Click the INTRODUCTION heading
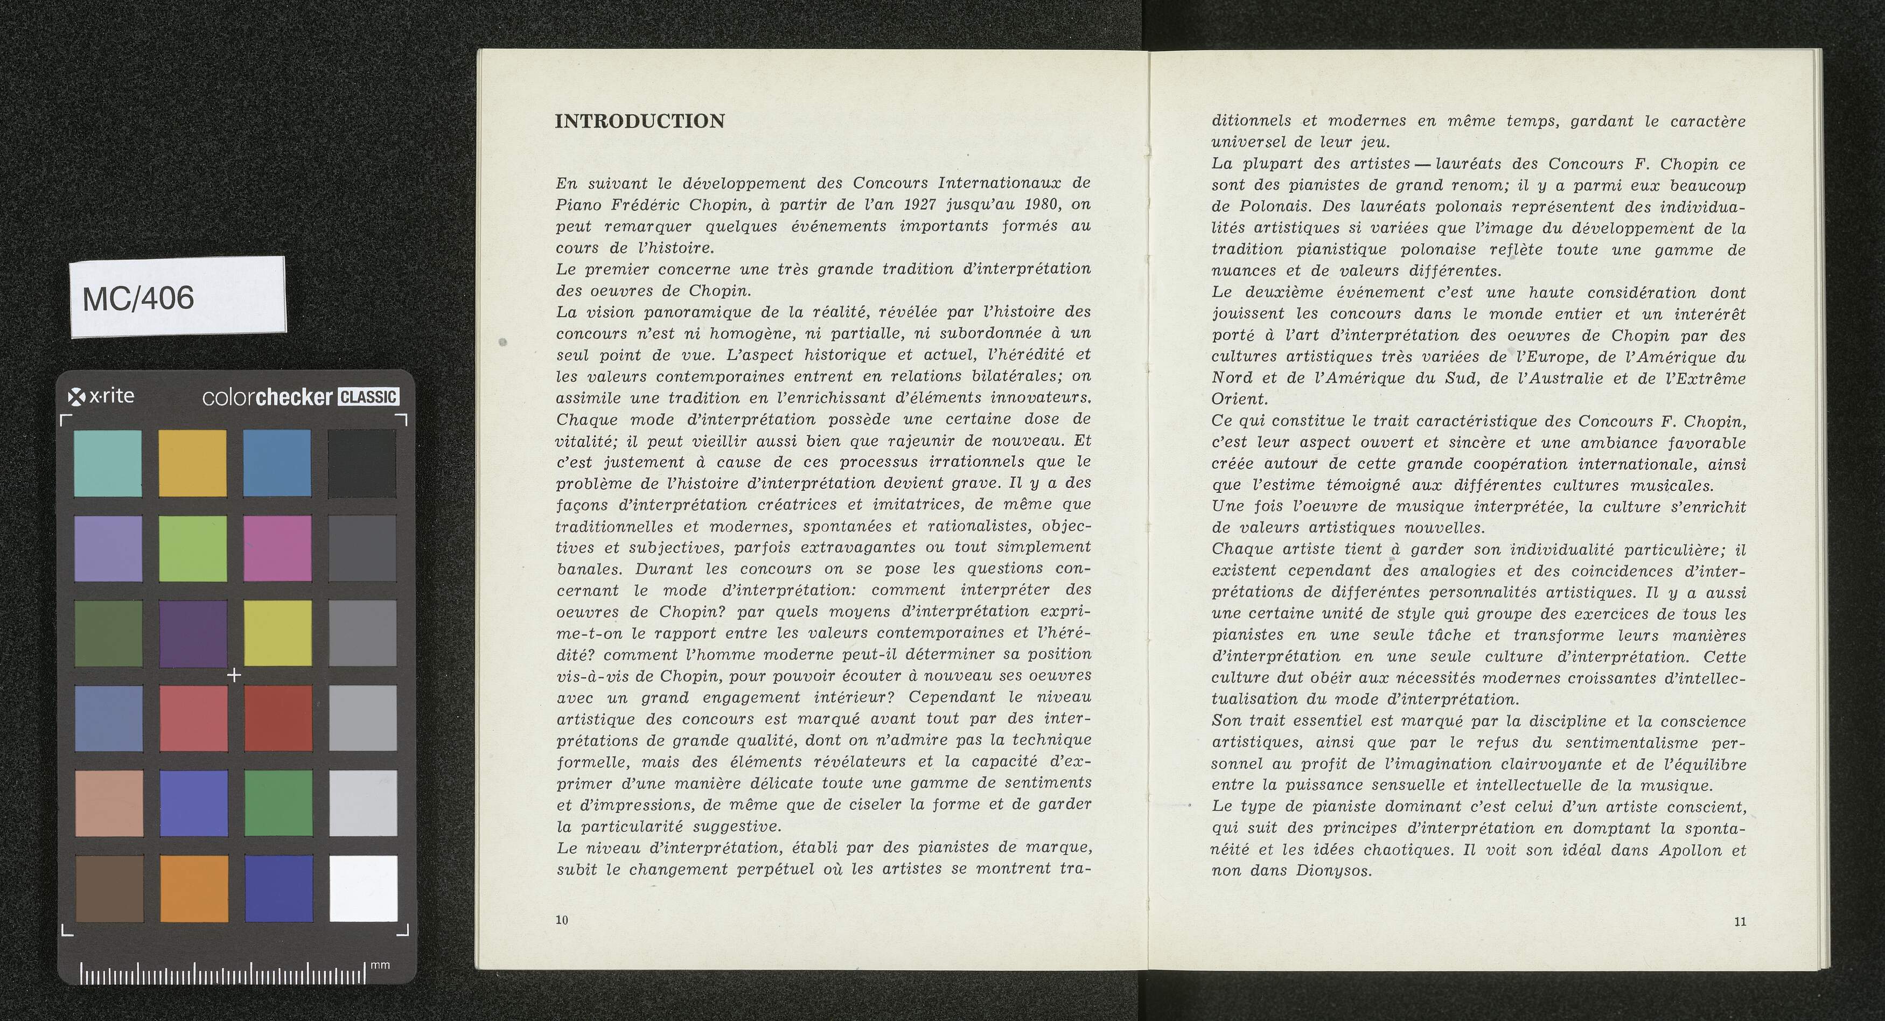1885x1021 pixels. pyautogui.click(x=640, y=122)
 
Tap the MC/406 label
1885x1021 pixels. pyautogui.click(x=138, y=298)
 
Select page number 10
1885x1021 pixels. pyautogui.click(x=561, y=920)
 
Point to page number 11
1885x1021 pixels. pyautogui.click(x=1740, y=921)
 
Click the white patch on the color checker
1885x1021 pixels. pyautogui.click(x=364, y=889)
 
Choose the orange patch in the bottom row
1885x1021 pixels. pyautogui.click(x=193, y=889)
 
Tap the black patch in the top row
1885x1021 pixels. pyautogui.click(x=362, y=463)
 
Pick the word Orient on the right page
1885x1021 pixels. pyautogui.click(x=1239, y=400)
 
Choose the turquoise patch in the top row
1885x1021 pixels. pyautogui.click(x=108, y=463)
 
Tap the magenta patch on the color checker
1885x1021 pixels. pyautogui.click(x=277, y=548)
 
